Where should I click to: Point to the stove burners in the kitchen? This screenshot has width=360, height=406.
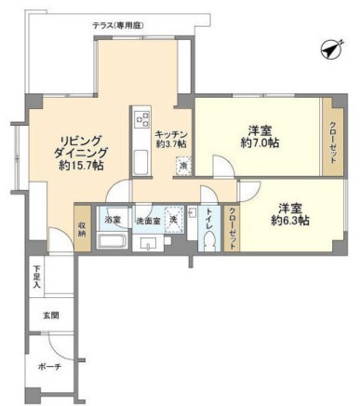click(142, 120)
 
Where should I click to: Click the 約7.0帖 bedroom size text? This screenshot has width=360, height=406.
click(260, 144)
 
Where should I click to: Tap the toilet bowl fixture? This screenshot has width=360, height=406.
click(209, 239)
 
